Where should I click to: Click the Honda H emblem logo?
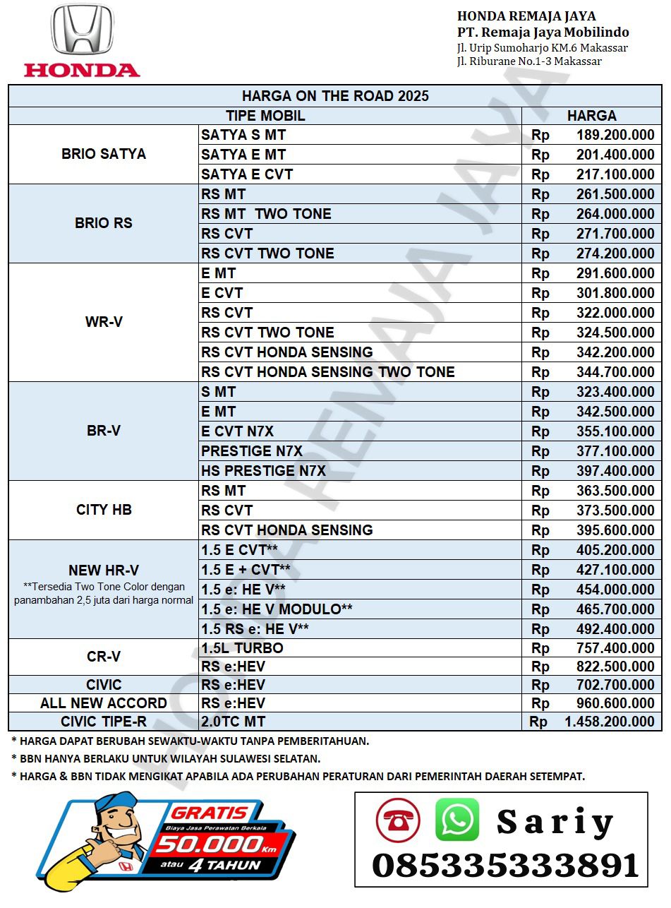82,30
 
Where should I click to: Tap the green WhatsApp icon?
457,819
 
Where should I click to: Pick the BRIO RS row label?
104,223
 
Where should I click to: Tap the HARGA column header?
591,116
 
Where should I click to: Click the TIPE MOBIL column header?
265,116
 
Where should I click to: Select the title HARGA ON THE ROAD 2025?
335,96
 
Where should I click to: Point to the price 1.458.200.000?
610,722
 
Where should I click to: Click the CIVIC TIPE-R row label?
104,722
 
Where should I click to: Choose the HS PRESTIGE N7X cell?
263,471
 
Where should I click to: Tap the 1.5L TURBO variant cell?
242,648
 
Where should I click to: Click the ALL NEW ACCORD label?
104,703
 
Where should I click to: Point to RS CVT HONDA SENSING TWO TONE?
328,372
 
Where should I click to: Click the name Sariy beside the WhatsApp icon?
555,822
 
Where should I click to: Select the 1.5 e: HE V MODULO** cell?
277,609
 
